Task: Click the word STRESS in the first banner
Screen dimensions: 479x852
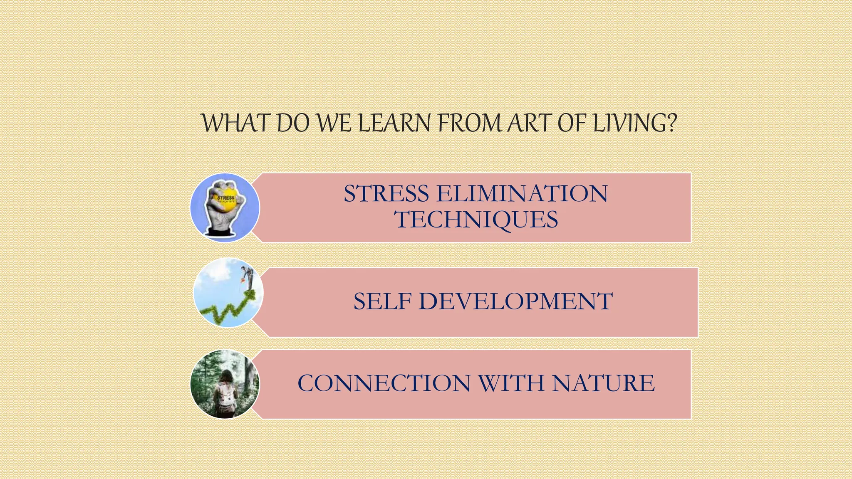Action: click(386, 194)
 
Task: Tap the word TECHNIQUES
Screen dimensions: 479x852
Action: click(476, 220)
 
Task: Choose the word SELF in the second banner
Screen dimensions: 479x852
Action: click(382, 301)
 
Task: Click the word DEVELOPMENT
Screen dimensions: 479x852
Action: click(515, 301)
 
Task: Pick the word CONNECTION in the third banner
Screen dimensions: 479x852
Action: click(384, 383)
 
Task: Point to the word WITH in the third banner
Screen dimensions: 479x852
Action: click(511, 383)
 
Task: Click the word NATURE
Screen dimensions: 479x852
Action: click(603, 383)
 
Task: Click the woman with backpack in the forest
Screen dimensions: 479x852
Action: click(225, 391)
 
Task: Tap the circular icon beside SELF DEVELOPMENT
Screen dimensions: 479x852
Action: click(228, 293)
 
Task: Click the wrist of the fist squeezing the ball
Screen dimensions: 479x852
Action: click(220, 227)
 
